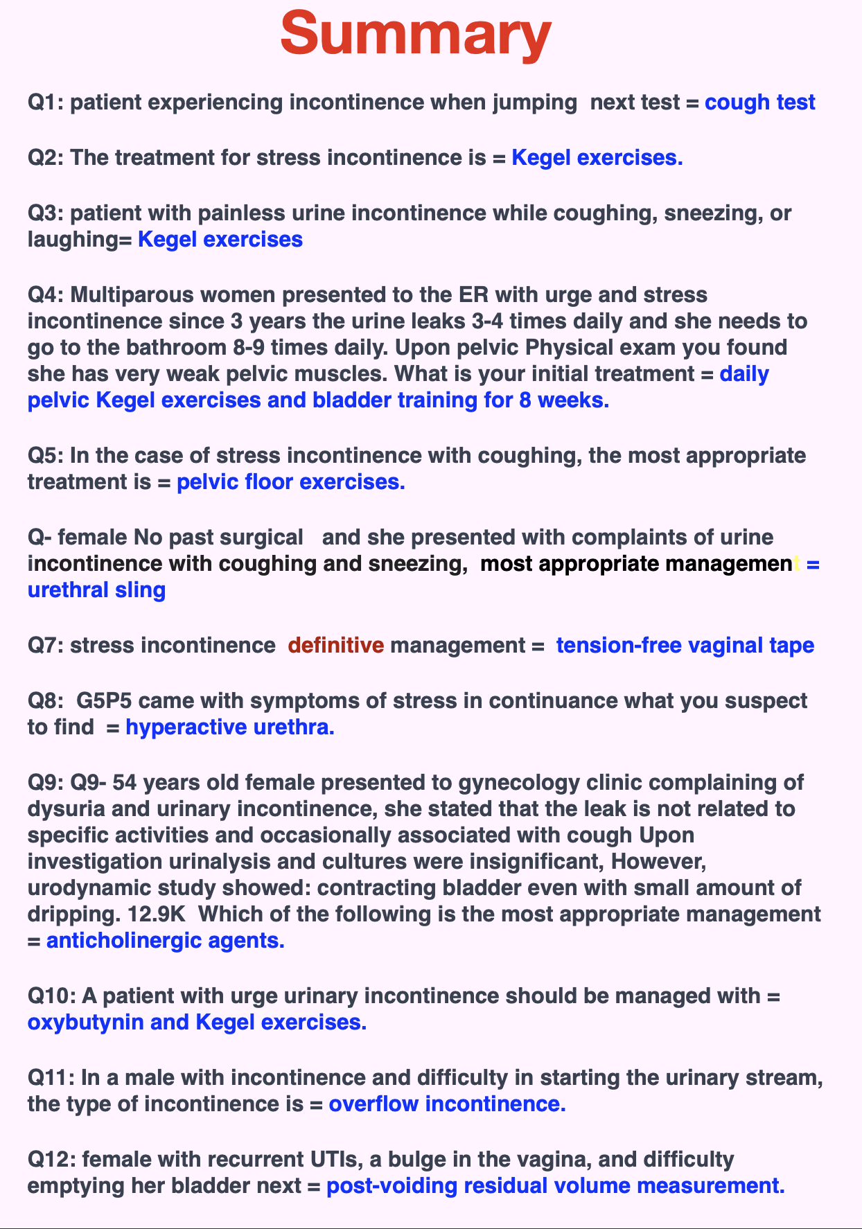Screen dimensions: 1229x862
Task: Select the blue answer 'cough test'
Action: click(x=759, y=103)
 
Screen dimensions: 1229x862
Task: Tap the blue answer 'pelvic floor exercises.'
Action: click(x=291, y=482)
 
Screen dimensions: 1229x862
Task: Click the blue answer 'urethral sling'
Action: click(x=96, y=590)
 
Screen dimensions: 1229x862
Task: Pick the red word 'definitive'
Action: click(x=335, y=646)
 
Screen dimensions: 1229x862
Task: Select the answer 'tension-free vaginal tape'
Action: click(x=685, y=646)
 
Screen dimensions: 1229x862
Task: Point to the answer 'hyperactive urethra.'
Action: click(x=230, y=727)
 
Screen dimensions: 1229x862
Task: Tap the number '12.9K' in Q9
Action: click(x=157, y=914)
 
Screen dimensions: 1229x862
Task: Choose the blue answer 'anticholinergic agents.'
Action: click(x=165, y=941)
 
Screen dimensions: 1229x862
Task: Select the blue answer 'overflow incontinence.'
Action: click(x=447, y=1104)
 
